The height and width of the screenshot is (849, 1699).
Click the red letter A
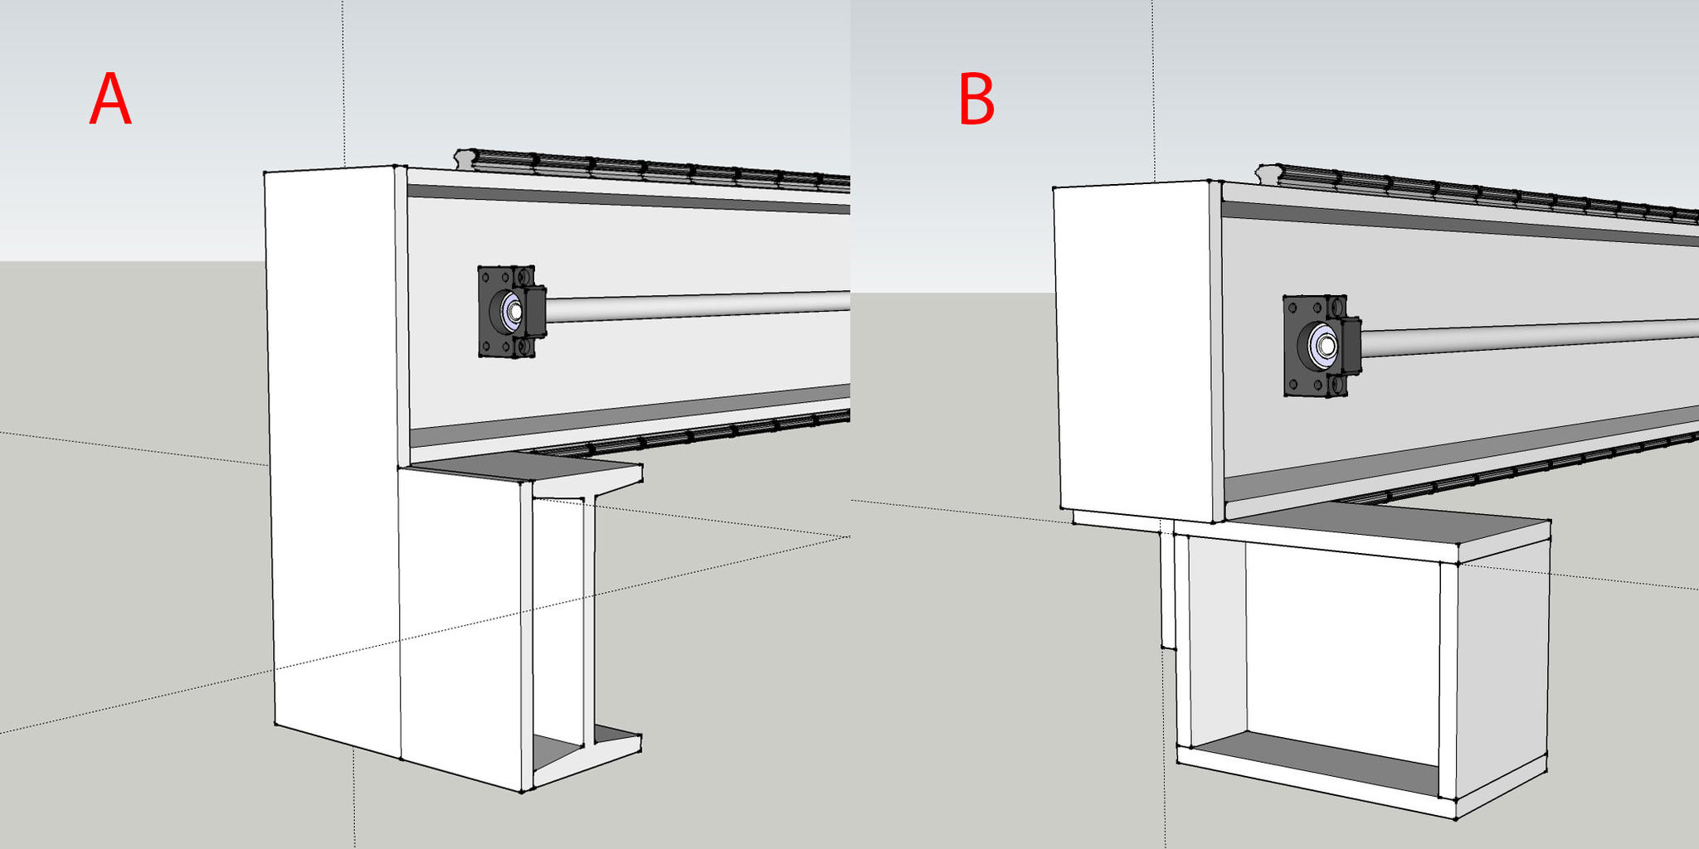[x=110, y=99]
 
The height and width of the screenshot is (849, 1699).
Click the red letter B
[x=976, y=99]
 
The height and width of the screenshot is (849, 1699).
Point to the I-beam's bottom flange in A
[x=585, y=759]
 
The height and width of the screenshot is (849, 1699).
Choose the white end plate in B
[x=1133, y=348]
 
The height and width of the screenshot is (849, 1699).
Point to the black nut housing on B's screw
[x=1351, y=345]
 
